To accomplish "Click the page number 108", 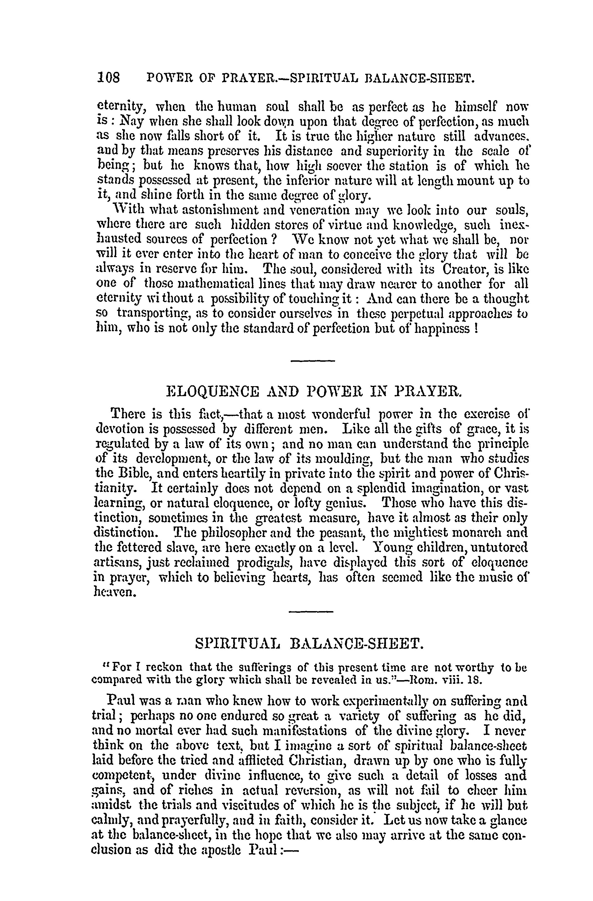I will point(108,78).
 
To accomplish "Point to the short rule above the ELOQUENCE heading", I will point(313,360).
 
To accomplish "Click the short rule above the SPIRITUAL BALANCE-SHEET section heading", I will point(311,611).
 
